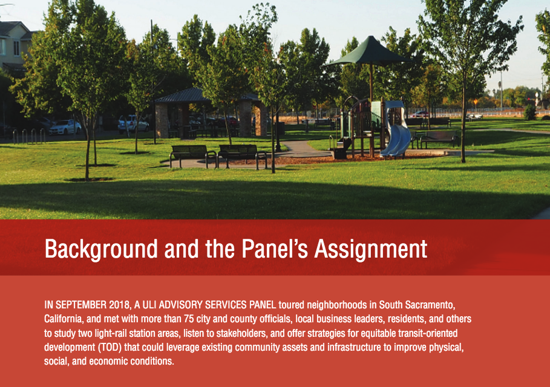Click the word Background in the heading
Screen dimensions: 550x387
coord(101,249)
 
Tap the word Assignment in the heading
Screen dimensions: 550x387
coord(371,249)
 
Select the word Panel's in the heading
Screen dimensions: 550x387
coord(275,249)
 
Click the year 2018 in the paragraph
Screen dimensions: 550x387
coord(120,305)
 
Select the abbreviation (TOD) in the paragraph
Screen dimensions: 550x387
coord(110,347)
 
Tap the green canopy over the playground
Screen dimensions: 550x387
coord(368,52)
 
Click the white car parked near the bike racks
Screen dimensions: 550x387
coord(65,127)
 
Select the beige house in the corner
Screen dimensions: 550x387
coord(14,45)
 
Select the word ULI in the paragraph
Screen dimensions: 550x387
coord(149,305)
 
